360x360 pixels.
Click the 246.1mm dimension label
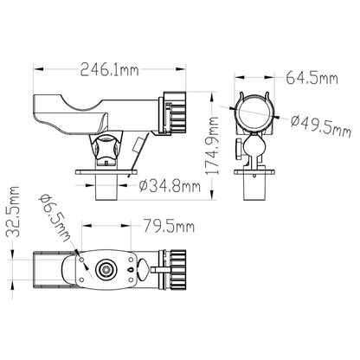[x=109, y=69]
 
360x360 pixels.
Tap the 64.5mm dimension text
[x=312, y=78]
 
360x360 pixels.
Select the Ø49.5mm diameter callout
[x=321, y=126]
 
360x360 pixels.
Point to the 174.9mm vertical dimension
[x=213, y=145]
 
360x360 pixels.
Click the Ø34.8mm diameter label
[x=170, y=186]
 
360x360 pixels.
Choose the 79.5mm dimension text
[x=169, y=226]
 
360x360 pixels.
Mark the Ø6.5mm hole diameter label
[x=55, y=218]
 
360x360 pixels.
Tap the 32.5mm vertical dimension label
[x=13, y=212]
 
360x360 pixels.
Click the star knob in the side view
[x=105, y=148]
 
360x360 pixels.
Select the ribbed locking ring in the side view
[x=175, y=112]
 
